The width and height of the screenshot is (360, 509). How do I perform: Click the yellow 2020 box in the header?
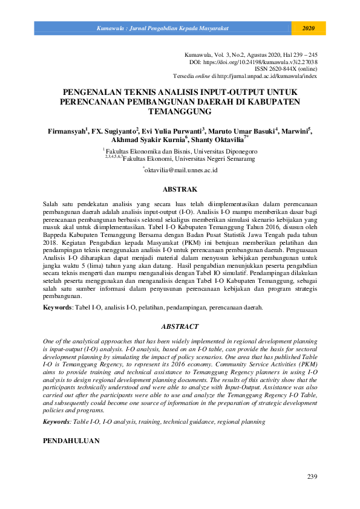pyautogui.click(x=309, y=28)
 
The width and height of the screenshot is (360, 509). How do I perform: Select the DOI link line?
pyautogui.click(x=254, y=62)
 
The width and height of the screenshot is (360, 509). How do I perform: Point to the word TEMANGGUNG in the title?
pyautogui.click(x=180, y=112)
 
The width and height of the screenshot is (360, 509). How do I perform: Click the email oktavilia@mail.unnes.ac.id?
pyautogui.click(x=181, y=170)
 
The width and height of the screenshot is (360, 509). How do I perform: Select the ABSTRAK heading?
pyautogui.click(x=180, y=189)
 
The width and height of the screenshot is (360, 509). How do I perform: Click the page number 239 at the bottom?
pyautogui.click(x=312, y=477)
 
